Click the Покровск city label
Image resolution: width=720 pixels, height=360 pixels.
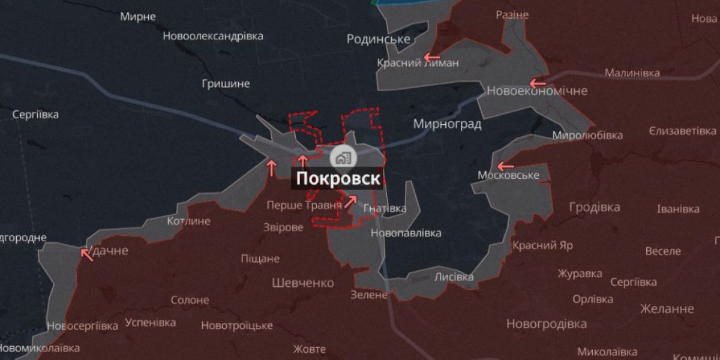pos(337,179)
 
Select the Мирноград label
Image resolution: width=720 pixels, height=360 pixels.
pos(447,124)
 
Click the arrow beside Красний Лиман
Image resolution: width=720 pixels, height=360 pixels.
pos(431,58)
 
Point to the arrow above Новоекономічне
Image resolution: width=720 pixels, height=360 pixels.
pos(538,83)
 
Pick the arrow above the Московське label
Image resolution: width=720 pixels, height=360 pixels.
pos(505,166)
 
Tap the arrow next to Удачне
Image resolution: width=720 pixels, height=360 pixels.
pos(87,254)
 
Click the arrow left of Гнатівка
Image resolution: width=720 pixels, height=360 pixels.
pos(351,202)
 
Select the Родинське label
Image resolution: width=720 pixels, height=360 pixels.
pos(379,40)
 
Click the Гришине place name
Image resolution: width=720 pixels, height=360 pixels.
pos(226,83)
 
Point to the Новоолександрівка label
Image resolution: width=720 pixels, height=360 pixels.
pos(213,36)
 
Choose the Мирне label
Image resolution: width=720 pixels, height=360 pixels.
pos(138,16)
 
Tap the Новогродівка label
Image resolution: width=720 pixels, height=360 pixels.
pos(547,324)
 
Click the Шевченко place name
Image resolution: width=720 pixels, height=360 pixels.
pos(303,283)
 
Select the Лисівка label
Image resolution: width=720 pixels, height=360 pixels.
pos(454,277)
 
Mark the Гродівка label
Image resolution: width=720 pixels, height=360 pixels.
pos(595,207)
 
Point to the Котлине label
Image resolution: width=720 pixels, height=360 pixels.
pos(188,221)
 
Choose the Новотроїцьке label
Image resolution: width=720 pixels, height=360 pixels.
pos(237,325)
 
